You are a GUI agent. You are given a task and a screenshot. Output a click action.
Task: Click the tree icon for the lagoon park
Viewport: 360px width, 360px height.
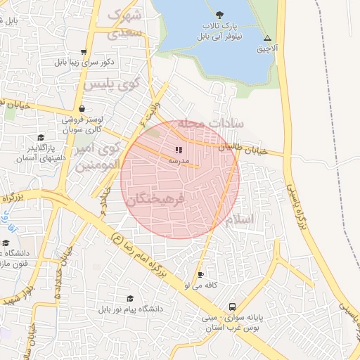220,13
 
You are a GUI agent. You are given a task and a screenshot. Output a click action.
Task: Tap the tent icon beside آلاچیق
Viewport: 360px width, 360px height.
267,38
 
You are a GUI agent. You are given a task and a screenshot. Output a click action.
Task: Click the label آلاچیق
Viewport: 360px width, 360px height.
267,49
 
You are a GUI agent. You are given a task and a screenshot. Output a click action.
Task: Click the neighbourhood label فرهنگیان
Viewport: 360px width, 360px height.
155,200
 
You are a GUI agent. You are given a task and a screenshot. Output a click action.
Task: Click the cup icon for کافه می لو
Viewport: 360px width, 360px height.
201,274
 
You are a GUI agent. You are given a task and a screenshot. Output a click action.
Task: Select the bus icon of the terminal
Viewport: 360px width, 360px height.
232,307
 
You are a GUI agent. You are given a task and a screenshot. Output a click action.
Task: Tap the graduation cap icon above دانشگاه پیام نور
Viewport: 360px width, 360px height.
130,298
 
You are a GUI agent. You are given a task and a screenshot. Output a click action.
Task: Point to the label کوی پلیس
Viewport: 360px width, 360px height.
112,84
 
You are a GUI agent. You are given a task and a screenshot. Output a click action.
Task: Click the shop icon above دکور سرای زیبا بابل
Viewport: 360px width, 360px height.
84,51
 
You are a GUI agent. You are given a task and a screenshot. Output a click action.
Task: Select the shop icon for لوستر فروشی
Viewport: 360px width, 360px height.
83,109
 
